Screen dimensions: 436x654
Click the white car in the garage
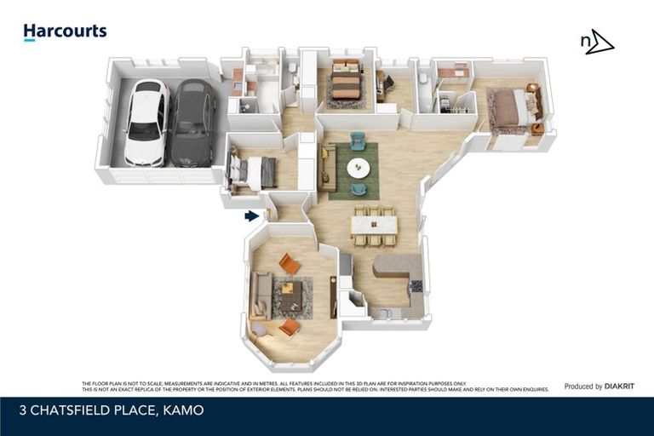(146, 123)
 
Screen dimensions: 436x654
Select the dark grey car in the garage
(192, 123)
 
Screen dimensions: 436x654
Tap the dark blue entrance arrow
(251, 216)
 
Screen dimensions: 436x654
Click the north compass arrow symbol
(597, 42)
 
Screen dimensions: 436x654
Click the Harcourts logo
(65, 32)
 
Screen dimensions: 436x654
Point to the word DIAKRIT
(623, 386)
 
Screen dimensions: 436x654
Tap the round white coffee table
(359, 168)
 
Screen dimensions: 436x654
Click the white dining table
(374, 225)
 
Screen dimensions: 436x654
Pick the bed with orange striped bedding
(346, 84)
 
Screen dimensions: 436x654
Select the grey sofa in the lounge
(261, 295)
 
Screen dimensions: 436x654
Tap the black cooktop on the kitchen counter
(416, 286)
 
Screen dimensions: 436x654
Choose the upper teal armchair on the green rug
(358, 141)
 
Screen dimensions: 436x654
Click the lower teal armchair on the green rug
(359, 189)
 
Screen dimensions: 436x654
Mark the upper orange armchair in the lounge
(290, 264)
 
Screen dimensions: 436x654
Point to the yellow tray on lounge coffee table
(288, 288)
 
